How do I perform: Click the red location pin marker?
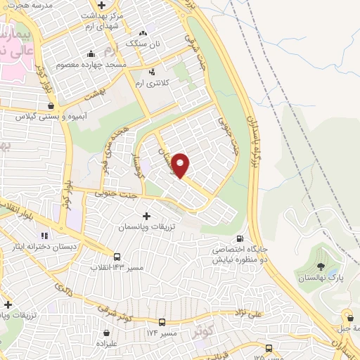coord(181,165)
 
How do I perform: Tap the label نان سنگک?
coord(143,44)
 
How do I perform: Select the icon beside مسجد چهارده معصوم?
coord(90,55)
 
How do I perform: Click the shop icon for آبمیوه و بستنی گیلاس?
coord(51,106)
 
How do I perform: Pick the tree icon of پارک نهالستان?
coord(321,266)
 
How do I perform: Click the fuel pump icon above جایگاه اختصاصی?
coord(242,239)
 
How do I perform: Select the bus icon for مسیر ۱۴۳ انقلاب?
coord(117,257)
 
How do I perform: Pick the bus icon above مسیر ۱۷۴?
coord(163,322)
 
